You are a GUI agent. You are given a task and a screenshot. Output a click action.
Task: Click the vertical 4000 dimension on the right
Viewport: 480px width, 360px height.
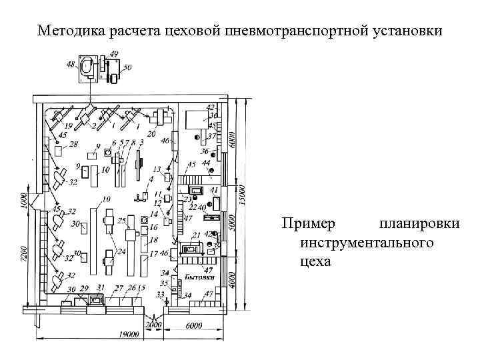[231, 281]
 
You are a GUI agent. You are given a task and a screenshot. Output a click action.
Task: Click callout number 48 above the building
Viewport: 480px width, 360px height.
[71, 64]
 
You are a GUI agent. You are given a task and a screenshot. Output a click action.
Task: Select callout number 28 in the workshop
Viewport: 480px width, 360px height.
[73, 144]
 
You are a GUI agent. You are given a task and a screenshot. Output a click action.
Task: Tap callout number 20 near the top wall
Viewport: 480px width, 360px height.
[151, 134]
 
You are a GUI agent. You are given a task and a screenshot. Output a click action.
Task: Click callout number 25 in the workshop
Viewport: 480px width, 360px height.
[121, 219]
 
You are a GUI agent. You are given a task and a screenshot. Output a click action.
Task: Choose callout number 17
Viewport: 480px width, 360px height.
[153, 254]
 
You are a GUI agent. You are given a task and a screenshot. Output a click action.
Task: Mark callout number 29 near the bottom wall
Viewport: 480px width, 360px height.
[84, 288]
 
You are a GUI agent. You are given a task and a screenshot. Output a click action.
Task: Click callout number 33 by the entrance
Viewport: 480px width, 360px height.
[159, 293]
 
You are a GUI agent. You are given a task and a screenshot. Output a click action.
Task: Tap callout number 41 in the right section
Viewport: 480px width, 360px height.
[214, 190]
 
